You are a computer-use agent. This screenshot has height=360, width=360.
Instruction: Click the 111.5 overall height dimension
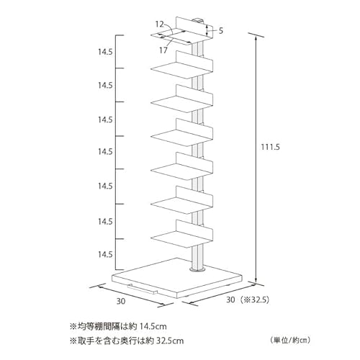(x=271, y=147)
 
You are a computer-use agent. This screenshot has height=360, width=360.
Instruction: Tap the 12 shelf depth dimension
(x=160, y=24)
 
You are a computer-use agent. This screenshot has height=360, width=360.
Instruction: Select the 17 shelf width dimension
(x=163, y=50)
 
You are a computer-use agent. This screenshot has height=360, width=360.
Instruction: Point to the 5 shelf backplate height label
(x=221, y=31)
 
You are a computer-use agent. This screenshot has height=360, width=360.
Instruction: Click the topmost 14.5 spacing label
(x=105, y=52)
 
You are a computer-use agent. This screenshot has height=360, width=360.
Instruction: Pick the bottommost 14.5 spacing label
(x=105, y=254)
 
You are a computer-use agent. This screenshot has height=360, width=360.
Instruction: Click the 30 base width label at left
(x=121, y=301)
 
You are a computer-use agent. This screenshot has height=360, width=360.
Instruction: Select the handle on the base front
(x=143, y=289)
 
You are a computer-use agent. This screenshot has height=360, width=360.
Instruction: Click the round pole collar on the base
(x=197, y=269)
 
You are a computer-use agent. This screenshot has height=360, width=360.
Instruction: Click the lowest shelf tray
(x=182, y=234)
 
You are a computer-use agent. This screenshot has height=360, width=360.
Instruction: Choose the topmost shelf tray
(x=182, y=31)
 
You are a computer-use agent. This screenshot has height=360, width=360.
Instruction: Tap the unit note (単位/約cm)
(x=290, y=341)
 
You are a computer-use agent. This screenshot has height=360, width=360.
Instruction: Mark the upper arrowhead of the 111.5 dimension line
(x=256, y=38)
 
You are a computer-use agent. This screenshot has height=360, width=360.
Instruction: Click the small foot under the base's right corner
(x=229, y=285)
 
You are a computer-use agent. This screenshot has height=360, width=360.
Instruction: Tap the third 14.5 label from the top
(x=105, y=120)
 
